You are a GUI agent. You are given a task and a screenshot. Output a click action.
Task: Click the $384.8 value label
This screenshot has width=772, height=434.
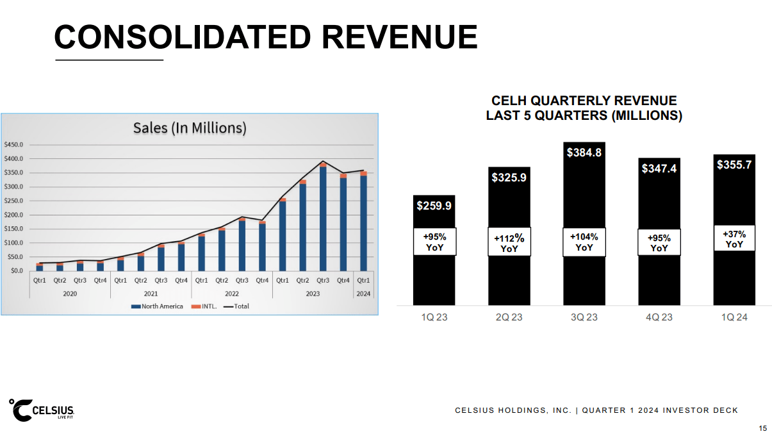pos(584,153)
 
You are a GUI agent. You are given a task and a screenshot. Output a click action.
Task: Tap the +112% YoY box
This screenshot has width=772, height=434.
pos(509,243)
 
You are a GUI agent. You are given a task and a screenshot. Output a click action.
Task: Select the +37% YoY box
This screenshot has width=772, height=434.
pos(734,238)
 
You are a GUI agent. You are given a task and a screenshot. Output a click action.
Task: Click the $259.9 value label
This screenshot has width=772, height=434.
pos(434,206)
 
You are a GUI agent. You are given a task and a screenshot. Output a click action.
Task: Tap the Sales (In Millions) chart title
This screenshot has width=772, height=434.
pos(190,128)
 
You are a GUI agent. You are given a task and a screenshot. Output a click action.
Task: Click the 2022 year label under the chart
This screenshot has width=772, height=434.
pos(232,293)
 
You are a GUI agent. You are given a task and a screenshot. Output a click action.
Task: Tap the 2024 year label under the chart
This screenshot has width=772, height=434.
pos(363,293)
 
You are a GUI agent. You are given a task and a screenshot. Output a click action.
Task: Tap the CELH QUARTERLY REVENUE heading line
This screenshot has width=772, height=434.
pos(584,101)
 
